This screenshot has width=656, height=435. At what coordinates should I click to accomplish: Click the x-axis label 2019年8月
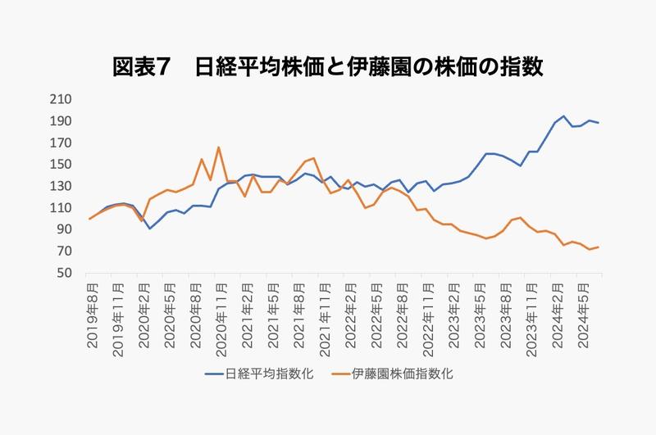pyautogui.click(x=93, y=315)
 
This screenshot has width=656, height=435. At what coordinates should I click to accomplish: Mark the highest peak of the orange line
pyautogui.click(x=219, y=147)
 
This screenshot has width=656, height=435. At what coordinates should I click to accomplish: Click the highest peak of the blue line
pyautogui.click(x=563, y=116)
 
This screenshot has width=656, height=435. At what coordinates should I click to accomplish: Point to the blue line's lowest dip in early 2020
pyautogui.click(x=149, y=229)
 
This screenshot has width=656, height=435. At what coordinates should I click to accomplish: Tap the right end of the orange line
pyautogui.click(x=598, y=247)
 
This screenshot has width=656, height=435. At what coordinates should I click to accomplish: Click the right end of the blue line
pyautogui.click(x=598, y=123)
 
